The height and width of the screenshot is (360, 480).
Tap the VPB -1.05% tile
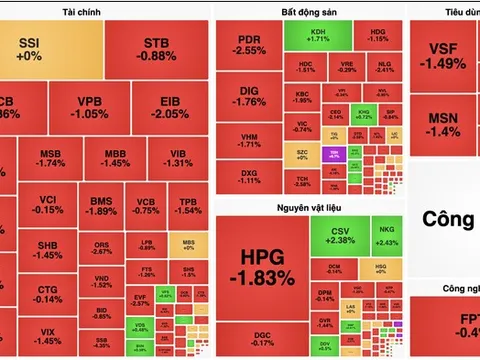tap(90, 107)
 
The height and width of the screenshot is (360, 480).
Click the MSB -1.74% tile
tap(50, 157)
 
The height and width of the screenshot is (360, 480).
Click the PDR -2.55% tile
tap(249, 45)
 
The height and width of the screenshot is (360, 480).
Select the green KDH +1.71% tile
tap(320, 38)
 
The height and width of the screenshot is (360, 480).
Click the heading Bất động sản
tap(309, 12)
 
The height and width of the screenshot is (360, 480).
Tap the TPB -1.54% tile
tap(182, 205)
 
